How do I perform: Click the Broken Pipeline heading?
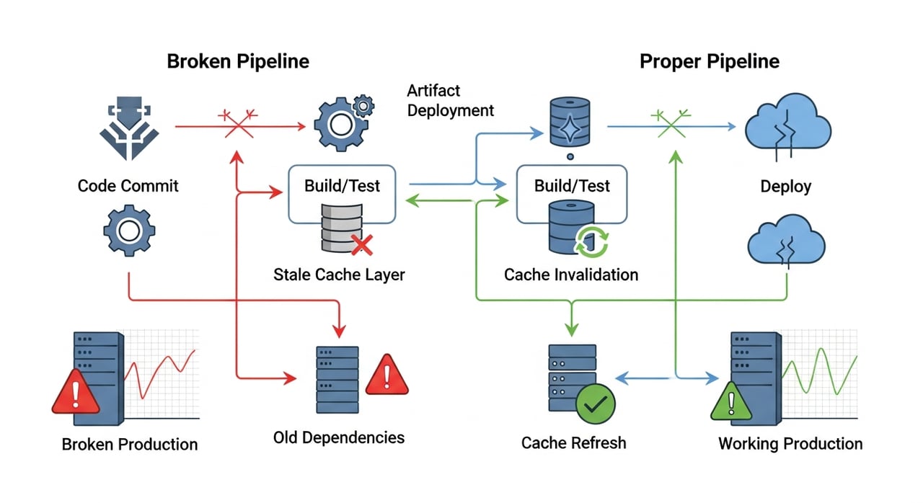tap(238, 61)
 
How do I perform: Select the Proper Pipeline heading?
tap(710, 61)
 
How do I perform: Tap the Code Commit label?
tap(128, 186)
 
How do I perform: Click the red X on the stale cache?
tap(361, 245)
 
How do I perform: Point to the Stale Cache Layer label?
tap(339, 275)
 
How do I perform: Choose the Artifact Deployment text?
tap(451, 101)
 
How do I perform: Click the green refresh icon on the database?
tap(592, 240)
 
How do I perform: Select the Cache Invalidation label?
tap(571, 275)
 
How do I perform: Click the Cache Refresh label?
tap(574, 442)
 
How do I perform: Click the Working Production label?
tap(790, 443)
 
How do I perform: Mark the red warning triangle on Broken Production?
tap(76, 394)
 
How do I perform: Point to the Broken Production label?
tap(130, 444)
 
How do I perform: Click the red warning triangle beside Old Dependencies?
tap(387, 375)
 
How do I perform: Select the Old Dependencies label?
tap(339, 437)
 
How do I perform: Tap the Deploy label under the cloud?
tap(786, 187)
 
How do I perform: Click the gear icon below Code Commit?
tap(129, 231)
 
